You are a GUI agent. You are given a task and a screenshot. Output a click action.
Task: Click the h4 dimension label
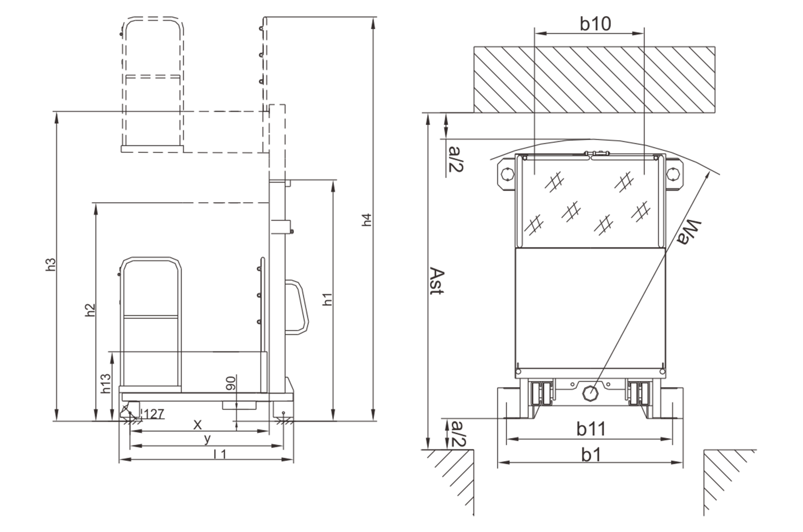(367, 220)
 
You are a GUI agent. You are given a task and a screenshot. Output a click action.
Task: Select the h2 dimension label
(90, 310)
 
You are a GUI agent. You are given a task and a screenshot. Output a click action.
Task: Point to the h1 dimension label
(327, 299)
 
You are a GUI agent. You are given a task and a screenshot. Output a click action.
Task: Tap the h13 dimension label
(106, 384)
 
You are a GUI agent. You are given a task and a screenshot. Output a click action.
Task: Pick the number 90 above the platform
(230, 383)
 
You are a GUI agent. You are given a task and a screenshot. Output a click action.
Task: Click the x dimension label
(198, 425)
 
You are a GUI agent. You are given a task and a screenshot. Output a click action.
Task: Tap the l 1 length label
(220, 454)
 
